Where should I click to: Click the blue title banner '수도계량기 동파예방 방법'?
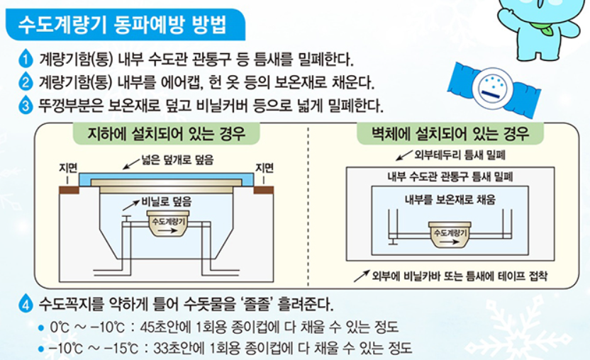(x=121, y=25)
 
